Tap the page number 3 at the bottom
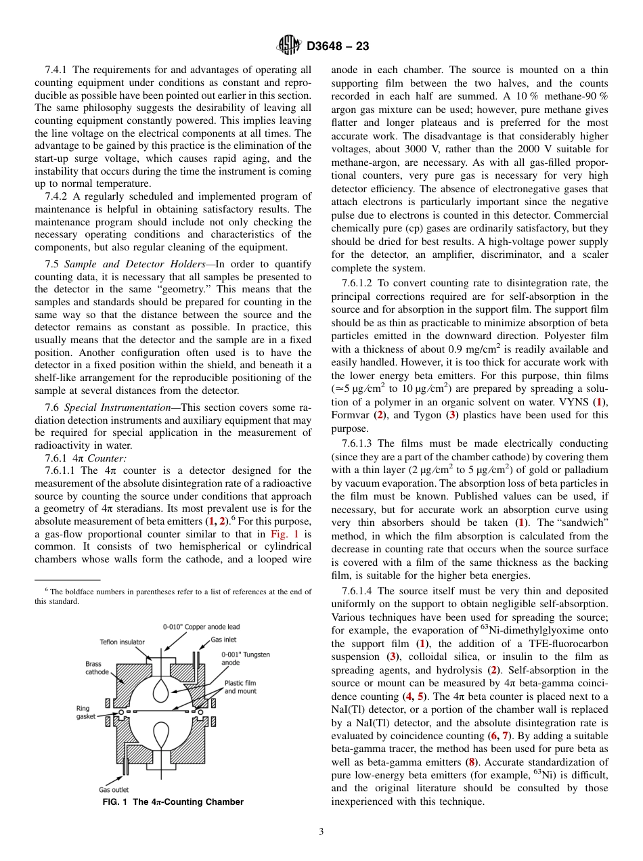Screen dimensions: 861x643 [x=321, y=831]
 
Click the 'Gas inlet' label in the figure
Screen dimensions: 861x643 [x=223, y=638]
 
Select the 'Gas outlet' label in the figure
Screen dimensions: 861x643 [x=114, y=789]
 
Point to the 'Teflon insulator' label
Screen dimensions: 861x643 [x=122, y=642]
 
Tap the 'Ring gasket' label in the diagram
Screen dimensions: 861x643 [x=86, y=712]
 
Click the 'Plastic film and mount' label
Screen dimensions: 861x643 [x=240, y=687]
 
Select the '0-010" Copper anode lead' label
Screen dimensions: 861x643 [x=201, y=627]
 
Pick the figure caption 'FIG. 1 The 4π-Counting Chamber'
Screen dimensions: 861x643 [x=173, y=802]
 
